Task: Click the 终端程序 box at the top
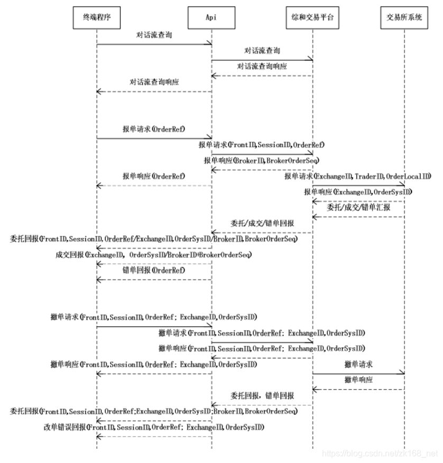pos(97,17)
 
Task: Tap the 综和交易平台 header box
pos(312,17)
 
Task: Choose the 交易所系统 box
pos(404,17)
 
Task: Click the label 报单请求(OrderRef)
pos(154,129)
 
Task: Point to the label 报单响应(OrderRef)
pos(154,176)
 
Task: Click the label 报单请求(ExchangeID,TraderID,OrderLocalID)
pos(358,176)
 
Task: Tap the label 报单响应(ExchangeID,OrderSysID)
pos(358,191)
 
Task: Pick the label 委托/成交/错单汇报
pos(358,208)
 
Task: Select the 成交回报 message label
pos(154,255)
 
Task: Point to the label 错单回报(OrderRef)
pos(154,270)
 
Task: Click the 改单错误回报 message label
pos(154,427)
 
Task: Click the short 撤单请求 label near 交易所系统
pos(358,364)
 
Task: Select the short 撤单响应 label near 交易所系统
pos(358,379)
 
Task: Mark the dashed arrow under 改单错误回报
pos(154,436)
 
